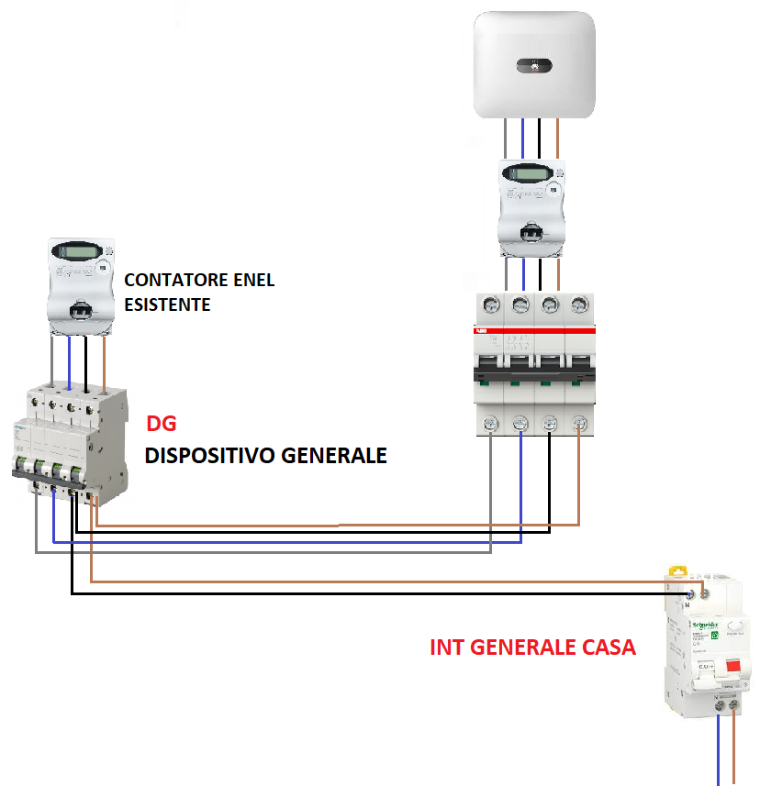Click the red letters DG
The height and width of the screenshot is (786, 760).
[x=161, y=425]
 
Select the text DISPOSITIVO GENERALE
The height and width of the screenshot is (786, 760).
[x=265, y=456]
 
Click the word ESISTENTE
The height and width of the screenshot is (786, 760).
[x=167, y=304]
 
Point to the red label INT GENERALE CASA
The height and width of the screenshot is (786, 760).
[x=532, y=647]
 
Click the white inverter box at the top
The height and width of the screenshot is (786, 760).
[x=533, y=64]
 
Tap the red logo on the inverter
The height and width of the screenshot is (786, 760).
[x=534, y=65]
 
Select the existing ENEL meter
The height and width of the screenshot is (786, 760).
[x=84, y=285]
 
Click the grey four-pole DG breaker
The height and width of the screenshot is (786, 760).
[x=68, y=439]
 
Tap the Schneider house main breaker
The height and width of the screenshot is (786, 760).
[x=707, y=642]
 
